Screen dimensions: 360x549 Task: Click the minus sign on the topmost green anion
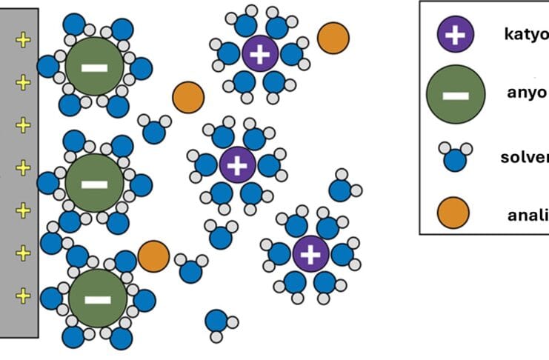(x=93, y=67)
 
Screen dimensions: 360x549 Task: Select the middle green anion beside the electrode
(x=93, y=183)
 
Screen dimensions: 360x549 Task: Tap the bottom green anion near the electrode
(x=97, y=299)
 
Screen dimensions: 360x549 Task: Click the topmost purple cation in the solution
(x=259, y=54)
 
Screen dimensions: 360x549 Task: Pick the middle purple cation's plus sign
(x=237, y=164)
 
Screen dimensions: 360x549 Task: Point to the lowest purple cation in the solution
(x=310, y=254)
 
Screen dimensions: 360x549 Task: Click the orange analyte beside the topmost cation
(x=333, y=39)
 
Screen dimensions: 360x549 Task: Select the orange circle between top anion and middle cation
(x=188, y=97)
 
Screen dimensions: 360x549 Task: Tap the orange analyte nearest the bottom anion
(x=153, y=256)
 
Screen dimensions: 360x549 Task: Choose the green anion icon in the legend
(x=456, y=95)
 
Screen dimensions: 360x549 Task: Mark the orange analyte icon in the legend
(x=453, y=213)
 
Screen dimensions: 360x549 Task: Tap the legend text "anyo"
(x=527, y=93)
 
